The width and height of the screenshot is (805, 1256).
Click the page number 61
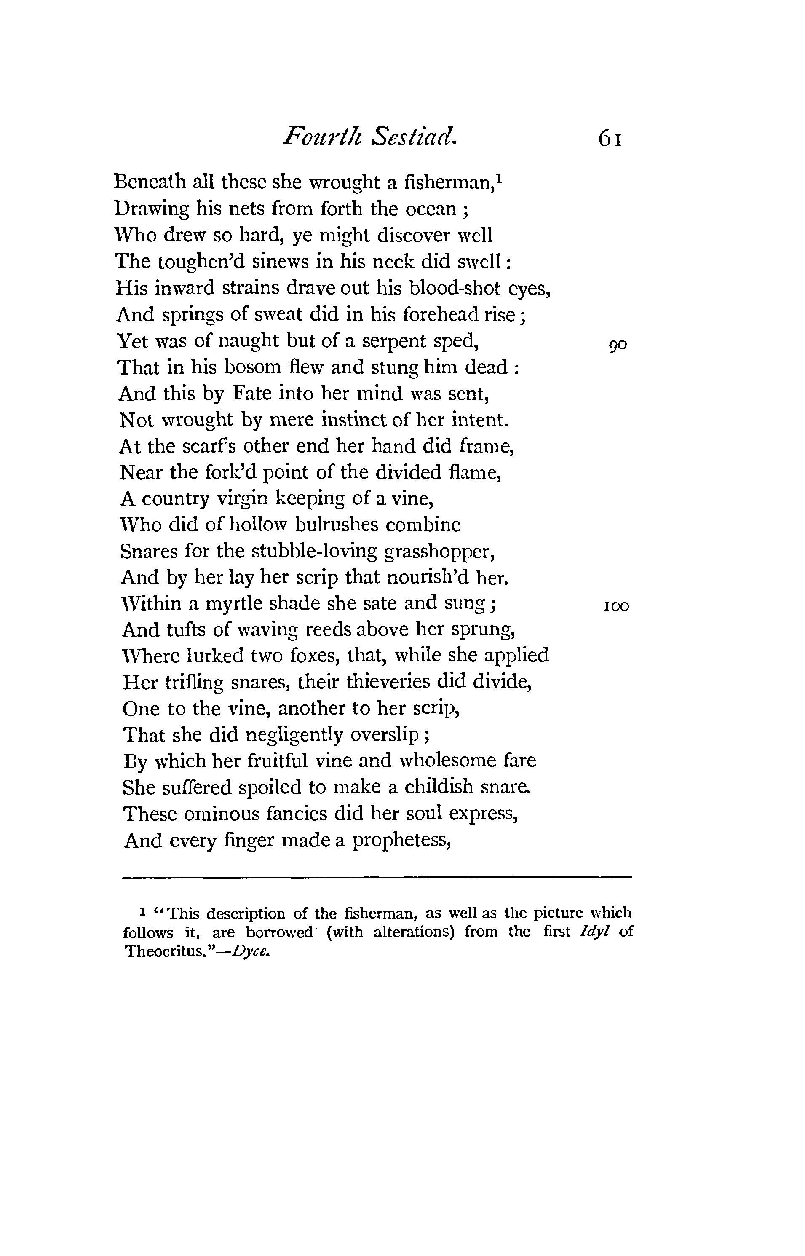click(x=610, y=139)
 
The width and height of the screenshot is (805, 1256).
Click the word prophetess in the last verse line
click(x=401, y=841)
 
